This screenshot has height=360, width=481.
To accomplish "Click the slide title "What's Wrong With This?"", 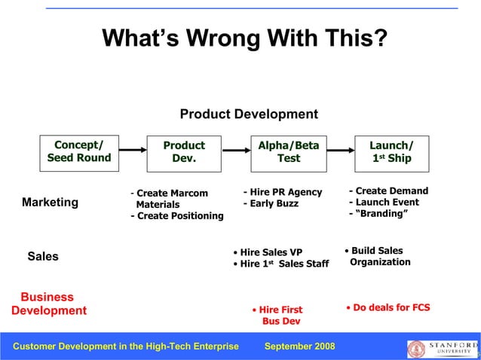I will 244,38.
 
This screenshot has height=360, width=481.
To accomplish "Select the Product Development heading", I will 249,114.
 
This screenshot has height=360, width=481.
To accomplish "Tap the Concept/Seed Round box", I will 79,151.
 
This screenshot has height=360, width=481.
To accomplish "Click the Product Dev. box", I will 184,151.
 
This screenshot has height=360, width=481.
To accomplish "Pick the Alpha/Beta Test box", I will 288,151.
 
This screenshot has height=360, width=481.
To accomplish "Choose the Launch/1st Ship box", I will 391,151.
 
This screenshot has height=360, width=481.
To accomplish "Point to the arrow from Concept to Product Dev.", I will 131,149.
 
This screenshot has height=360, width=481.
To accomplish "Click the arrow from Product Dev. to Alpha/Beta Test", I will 235,149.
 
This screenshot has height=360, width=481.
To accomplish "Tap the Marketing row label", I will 50,202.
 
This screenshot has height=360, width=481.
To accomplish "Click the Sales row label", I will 43,256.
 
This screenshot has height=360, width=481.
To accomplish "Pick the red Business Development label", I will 48,304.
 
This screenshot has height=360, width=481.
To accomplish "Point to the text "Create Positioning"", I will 178,216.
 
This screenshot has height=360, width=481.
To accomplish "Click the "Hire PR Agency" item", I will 283,192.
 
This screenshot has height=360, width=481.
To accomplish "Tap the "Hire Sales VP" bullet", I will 268,252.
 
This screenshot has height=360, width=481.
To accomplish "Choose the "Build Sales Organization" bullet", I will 378,256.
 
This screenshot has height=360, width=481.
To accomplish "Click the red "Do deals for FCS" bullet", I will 388,307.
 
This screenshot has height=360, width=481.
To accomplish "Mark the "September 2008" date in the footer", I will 300,346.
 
